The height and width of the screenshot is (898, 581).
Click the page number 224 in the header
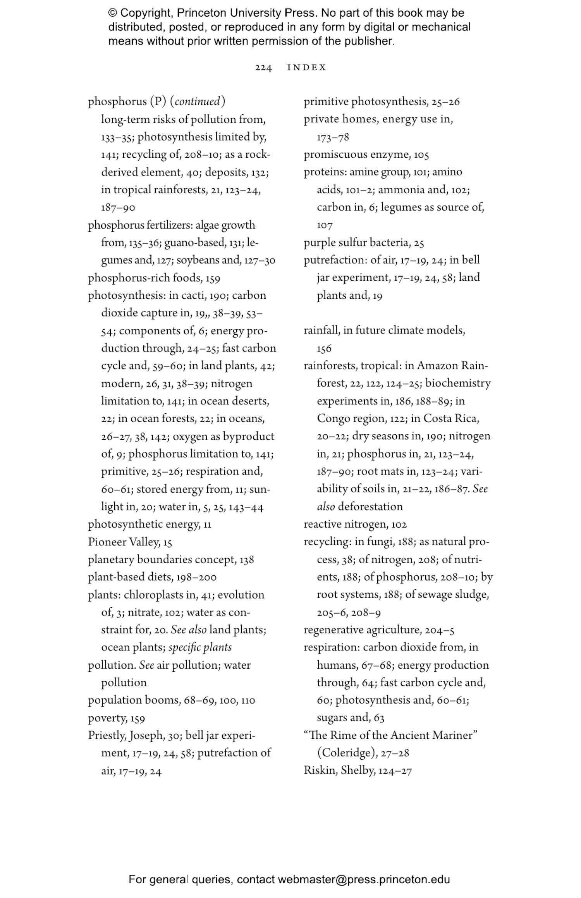263,68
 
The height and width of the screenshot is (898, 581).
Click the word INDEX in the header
307,68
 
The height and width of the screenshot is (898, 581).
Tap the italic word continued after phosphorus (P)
197,101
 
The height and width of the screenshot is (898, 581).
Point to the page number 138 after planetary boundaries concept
246,559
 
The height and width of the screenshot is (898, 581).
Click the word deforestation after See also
370,506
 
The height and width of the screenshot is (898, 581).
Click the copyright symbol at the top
113,13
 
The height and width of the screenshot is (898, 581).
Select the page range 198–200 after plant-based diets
196,577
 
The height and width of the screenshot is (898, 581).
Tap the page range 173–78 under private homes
333,137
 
